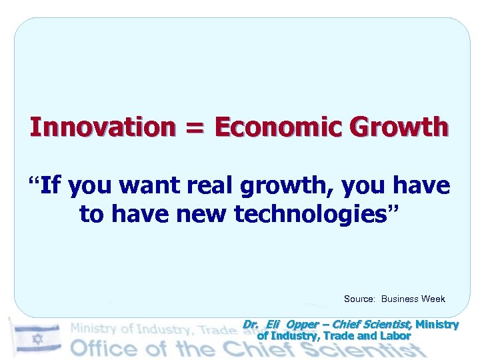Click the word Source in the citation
pos(359,299)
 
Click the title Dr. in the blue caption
pos(250,325)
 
